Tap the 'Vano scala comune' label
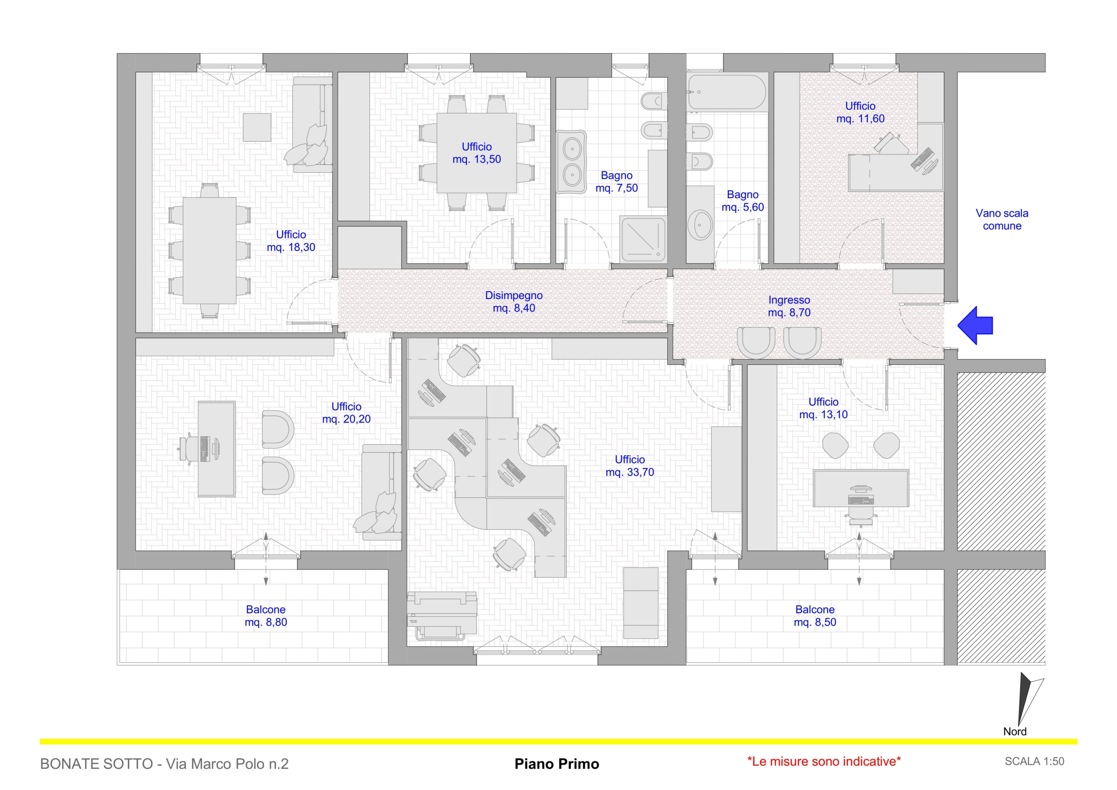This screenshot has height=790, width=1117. [1002, 220]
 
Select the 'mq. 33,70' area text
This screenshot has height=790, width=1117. [630, 472]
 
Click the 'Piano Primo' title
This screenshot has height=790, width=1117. [557, 764]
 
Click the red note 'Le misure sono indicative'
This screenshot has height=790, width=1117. [824, 762]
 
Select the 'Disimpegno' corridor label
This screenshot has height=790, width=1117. [514, 295]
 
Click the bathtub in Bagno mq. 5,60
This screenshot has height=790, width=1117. [727, 92]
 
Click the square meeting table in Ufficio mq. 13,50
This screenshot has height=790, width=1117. [476, 153]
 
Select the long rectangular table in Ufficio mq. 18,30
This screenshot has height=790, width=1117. [210, 250]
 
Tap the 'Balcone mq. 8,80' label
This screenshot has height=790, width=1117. [266, 616]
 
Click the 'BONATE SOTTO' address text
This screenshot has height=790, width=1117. [97, 764]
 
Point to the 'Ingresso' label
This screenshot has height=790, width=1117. [789, 300]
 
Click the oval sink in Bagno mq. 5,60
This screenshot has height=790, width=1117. [701, 224]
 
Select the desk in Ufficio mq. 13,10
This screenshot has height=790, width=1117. [861, 488]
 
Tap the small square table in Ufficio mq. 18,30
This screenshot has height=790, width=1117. [257, 127]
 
